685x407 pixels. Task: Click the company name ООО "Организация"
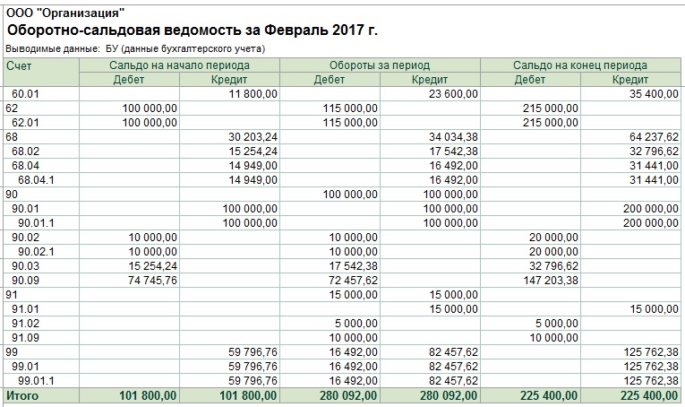[65, 13]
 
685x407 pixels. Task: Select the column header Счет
[18, 65]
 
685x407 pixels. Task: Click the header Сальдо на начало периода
[179, 65]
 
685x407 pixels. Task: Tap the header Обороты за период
[380, 65]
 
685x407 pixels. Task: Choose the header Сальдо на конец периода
[580, 65]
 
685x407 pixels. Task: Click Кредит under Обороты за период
[430, 79]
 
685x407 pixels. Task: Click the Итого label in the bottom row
[22, 394]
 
